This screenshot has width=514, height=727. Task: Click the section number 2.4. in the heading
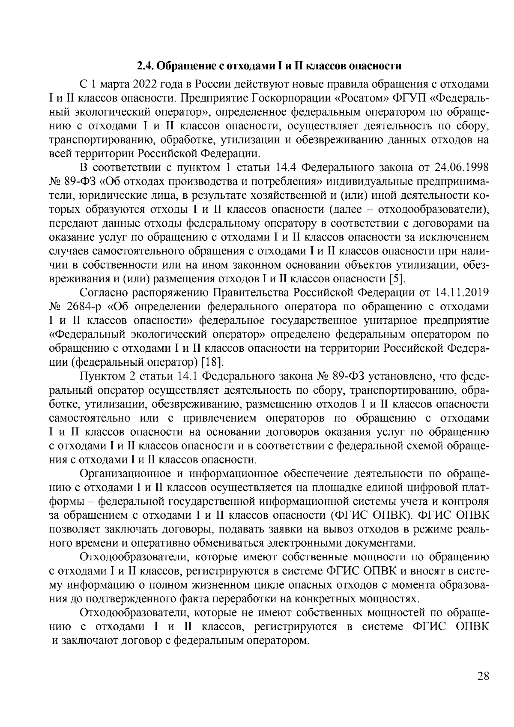[145, 66]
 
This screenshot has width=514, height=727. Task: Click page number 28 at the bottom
[483, 676]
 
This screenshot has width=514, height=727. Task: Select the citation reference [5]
[397, 279]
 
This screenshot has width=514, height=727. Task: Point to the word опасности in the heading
[376, 66]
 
